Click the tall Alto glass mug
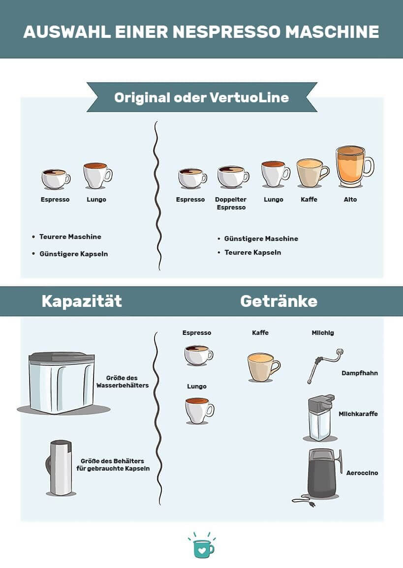click(x=353, y=167)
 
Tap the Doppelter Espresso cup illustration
click(x=233, y=177)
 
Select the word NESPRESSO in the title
click(x=226, y=32)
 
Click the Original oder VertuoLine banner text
click(x=202, y=97)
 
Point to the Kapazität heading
click(x=82, y=301)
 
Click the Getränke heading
click(x=279, y=301)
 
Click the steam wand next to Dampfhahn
click(x=325, y=365)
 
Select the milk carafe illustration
click(x=320, y=418)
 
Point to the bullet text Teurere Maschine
click(x=70, y=237)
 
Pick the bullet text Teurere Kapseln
click(x=252, y=252)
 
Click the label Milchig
click(x=322, y=333)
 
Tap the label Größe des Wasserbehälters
click(x=123, y=382)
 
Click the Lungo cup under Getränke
click(x=199, y=411)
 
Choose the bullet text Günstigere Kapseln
click(x=74, y=254)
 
